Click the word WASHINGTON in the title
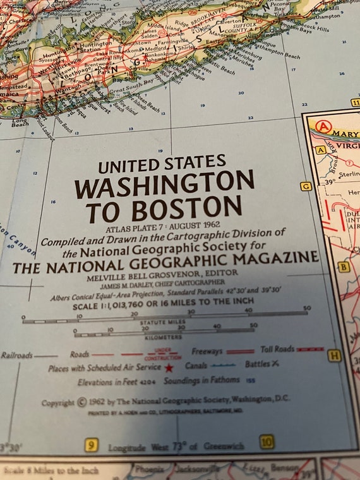[x=164, y=184]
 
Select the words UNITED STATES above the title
[x=162, y=164]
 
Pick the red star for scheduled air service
[x=169, y=367]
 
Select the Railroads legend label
[x=16, y=355]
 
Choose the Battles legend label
[x=257, y=364]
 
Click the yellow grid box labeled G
[x=306, y=186]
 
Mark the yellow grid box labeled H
[x=334, y=356]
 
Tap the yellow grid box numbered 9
[x=92, y=446]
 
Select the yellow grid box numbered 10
[x=267, y=442]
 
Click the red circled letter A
[x=323, y=126]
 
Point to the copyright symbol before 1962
[x=82, y=402]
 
